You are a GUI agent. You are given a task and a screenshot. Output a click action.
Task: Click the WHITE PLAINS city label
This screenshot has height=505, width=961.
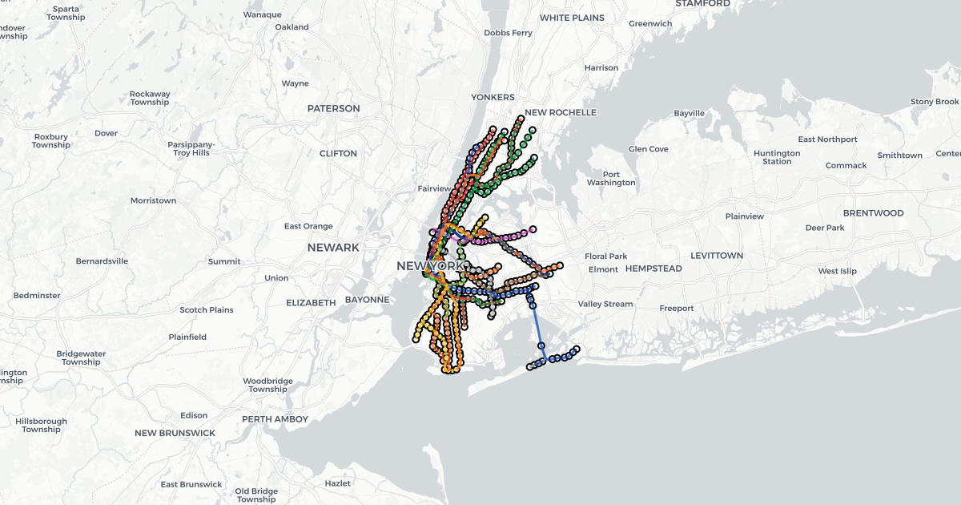[572, 18]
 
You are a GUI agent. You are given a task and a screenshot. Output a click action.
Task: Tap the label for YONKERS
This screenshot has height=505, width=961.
[493, 97]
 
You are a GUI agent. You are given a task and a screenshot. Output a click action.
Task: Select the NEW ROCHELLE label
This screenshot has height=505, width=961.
[561, 113]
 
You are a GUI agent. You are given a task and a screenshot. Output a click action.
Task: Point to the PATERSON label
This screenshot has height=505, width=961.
[334, 108]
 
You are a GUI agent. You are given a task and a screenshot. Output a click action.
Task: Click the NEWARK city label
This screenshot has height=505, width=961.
[333, 248]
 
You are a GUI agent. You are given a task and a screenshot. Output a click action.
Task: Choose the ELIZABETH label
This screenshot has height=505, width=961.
[311, 303]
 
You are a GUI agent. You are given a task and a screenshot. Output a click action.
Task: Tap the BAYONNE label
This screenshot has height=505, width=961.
[367, 300]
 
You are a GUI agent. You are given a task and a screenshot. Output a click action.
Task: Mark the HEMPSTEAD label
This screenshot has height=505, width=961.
[653, 269]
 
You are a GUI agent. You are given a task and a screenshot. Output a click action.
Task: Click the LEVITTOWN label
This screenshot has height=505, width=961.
[717, 256]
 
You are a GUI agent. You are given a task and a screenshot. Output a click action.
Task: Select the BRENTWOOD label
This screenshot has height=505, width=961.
[873, 213]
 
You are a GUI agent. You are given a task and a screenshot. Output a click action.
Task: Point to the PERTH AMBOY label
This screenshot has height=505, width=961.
[275, 418]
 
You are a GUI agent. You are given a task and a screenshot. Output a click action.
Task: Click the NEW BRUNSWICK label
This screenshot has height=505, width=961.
[175, 433]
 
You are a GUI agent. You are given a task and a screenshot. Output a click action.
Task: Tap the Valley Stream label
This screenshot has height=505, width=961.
[605, 304]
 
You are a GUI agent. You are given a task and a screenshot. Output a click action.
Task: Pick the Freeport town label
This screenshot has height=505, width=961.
[677, 308]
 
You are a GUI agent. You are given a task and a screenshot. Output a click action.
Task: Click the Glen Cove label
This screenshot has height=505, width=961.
[649, 149]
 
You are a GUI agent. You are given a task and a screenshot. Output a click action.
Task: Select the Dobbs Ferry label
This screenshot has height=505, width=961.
[509, 33]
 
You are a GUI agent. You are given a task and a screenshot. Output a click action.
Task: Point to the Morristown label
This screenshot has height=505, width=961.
[153, 200]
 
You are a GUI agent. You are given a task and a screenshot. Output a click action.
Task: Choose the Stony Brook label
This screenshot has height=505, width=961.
[935, 102]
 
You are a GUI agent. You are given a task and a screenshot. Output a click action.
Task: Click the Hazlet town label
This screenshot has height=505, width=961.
[338, 483]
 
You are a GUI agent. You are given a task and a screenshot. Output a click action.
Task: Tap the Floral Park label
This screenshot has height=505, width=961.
[606, 257]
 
